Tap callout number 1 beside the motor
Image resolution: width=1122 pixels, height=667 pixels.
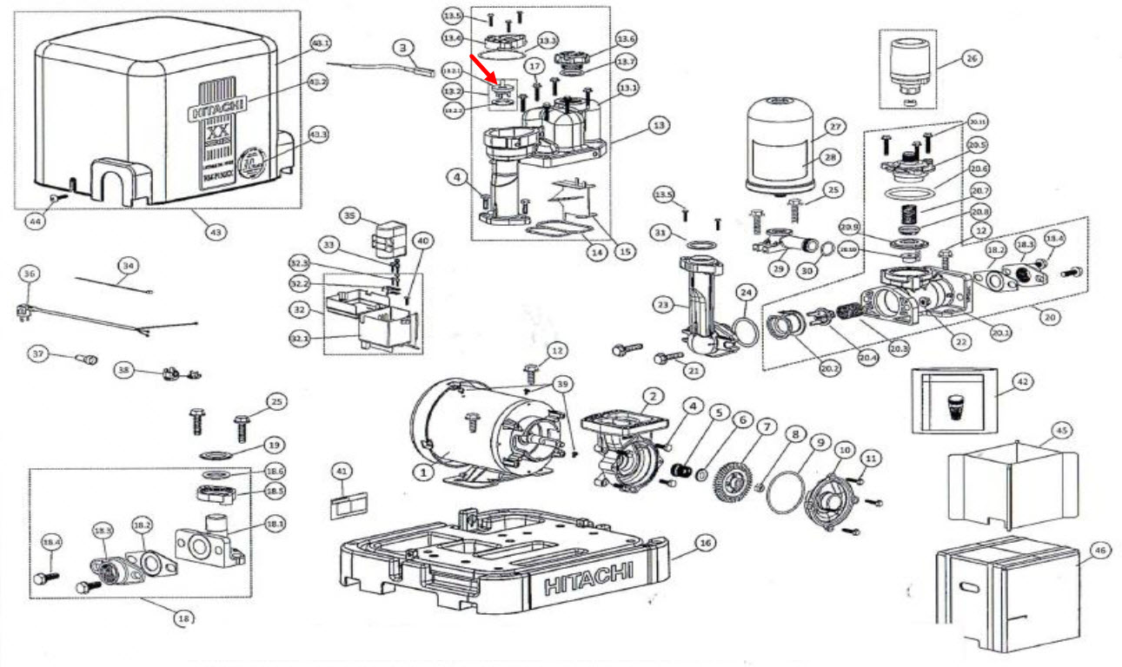[x=422, y=472]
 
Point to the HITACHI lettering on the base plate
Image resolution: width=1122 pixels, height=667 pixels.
[x=588, y=574]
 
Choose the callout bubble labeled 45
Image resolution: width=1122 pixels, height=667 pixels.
[x=1059, y=430]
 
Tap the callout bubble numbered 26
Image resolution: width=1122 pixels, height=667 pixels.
[x=971, y=59]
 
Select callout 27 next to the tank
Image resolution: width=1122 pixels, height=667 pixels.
[x=836, y=127]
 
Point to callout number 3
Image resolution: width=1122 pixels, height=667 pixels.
[x=402, y=49]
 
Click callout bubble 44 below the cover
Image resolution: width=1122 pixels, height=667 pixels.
[x=36, y=221]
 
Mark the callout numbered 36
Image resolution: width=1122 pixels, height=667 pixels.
[x=29, y=274]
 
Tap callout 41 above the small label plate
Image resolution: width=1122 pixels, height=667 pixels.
[x=341, y=471]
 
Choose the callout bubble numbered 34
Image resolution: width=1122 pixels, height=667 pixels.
[x=128, y=264]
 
